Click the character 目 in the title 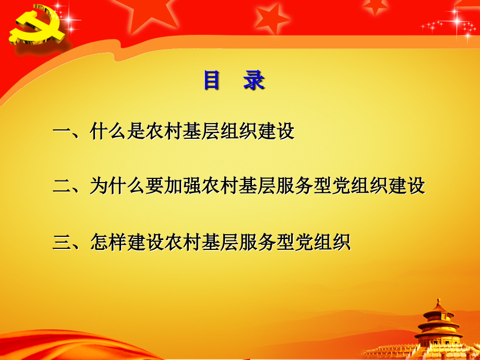pos(211,81)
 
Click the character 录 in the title pos(254,81)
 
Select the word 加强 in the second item pos(183,186)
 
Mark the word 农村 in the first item pos(164,131)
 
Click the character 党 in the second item pos(342,186)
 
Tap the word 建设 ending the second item pos(407,186)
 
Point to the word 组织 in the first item pos(239,131)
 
